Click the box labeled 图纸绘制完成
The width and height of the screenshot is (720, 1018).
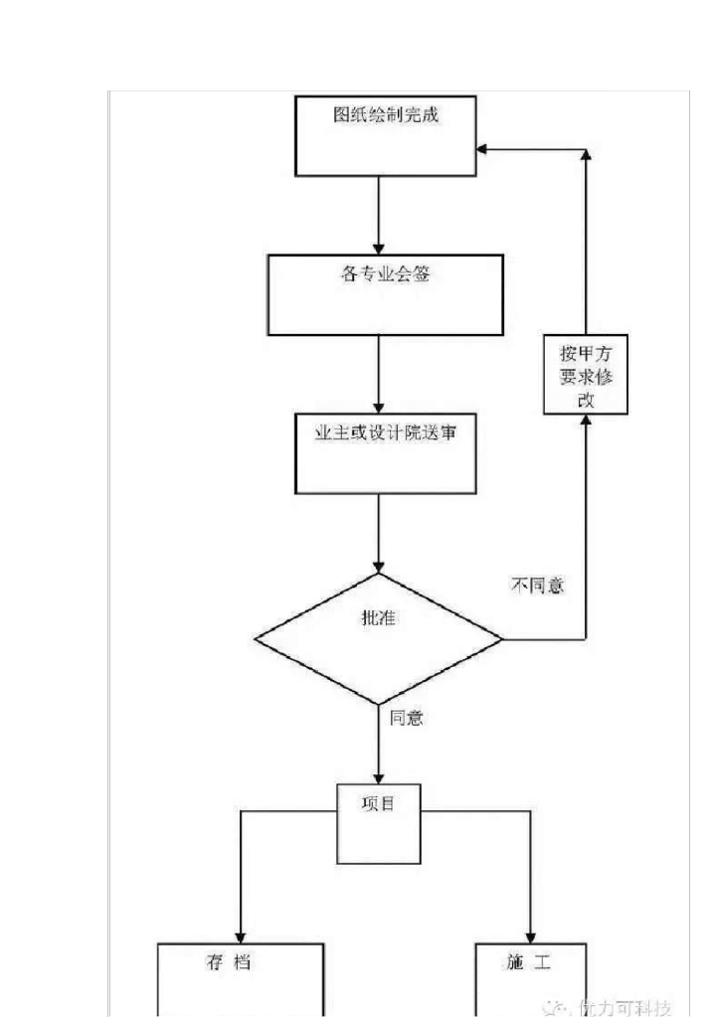coord(386,136)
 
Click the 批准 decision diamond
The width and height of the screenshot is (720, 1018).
coord(379,637)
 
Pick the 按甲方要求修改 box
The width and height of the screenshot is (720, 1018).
coord(586,375)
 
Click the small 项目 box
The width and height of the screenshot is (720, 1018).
coord(379,824)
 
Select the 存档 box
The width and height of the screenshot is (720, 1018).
coord(241,979)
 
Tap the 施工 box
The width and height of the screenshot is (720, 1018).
coord(530,979)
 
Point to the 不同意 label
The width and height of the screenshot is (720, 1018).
coord(537,586)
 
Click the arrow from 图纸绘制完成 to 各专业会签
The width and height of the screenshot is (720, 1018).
coord(379,215)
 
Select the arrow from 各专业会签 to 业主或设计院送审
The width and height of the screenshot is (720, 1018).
coord(379,374)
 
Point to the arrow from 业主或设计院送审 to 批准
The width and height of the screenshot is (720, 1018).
coord(379,533)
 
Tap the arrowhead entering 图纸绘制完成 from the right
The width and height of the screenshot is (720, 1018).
coord(482,150)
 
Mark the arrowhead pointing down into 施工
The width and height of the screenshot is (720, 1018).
coord(530,936)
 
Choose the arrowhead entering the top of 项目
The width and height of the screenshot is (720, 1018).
coord(379,777)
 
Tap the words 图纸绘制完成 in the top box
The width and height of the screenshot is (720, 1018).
coord(386,114)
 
